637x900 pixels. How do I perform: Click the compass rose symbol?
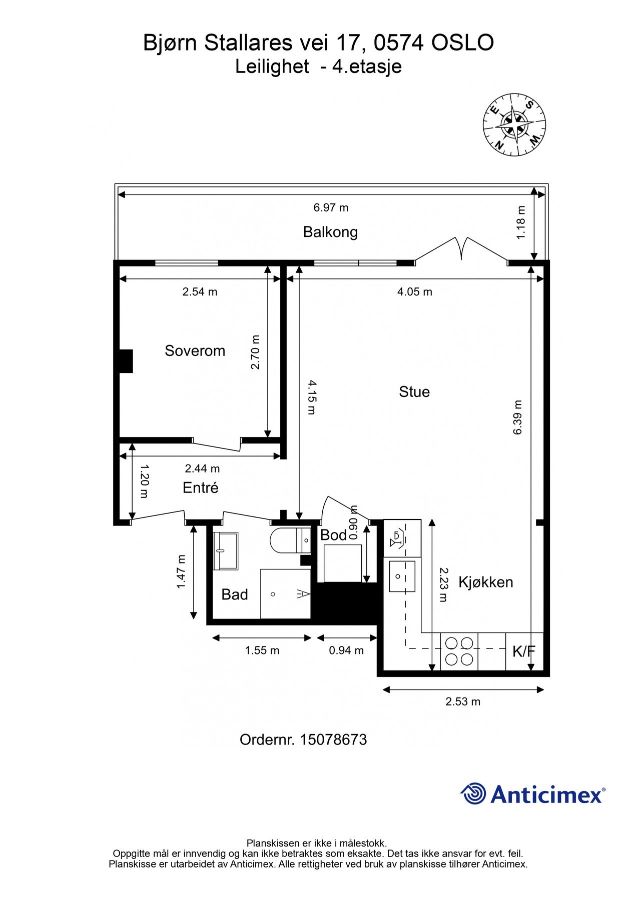coord(514,124)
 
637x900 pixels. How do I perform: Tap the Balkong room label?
coord(330,232)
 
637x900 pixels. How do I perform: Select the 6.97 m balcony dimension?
coord(331,207)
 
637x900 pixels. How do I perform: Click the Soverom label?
coord(195,350)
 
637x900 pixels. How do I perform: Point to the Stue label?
coord(414,391)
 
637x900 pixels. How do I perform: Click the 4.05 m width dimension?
coord(414,291)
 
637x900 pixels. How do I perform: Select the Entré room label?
coord(200,487)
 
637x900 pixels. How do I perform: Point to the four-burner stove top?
coord(459,651)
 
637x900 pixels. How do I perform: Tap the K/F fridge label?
coord(523,651)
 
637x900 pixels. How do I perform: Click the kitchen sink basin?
coord(402,576)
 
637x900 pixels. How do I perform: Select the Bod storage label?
coord(333,535)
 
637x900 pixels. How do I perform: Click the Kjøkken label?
coord(485,582)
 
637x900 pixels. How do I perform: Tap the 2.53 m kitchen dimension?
coord(462,701)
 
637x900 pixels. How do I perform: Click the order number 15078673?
coord(333,739)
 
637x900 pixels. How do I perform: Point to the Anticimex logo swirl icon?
coord(473,793)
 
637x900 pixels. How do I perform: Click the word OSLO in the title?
coord(462,42)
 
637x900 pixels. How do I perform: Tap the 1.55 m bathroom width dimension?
coord(262,650)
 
